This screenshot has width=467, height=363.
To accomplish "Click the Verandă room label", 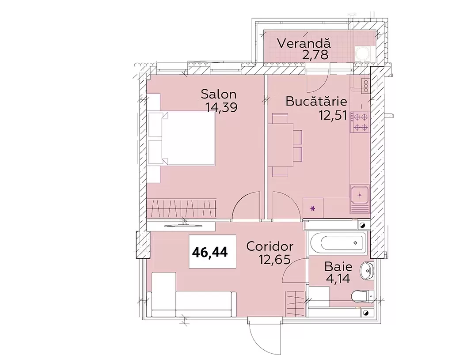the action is coord(304,43).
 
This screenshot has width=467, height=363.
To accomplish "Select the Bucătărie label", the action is coord(316,101).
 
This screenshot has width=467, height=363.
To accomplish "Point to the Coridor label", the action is coord(270,246).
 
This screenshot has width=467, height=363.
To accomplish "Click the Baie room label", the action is coord(338,266).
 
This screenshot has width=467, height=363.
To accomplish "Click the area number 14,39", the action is coord(221,107).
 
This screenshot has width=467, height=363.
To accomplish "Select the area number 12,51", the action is coord(333,115).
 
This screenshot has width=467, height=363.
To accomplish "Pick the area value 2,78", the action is coord(315,55).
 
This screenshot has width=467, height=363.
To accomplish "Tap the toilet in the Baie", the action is coord(362,296).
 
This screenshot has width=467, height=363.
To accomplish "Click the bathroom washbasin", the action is coord(367,271).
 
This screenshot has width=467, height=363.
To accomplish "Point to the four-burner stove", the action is coord(360,122).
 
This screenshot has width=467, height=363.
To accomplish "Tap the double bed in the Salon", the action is coord(182,138).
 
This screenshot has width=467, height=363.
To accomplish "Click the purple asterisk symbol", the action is coord(313,208).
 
